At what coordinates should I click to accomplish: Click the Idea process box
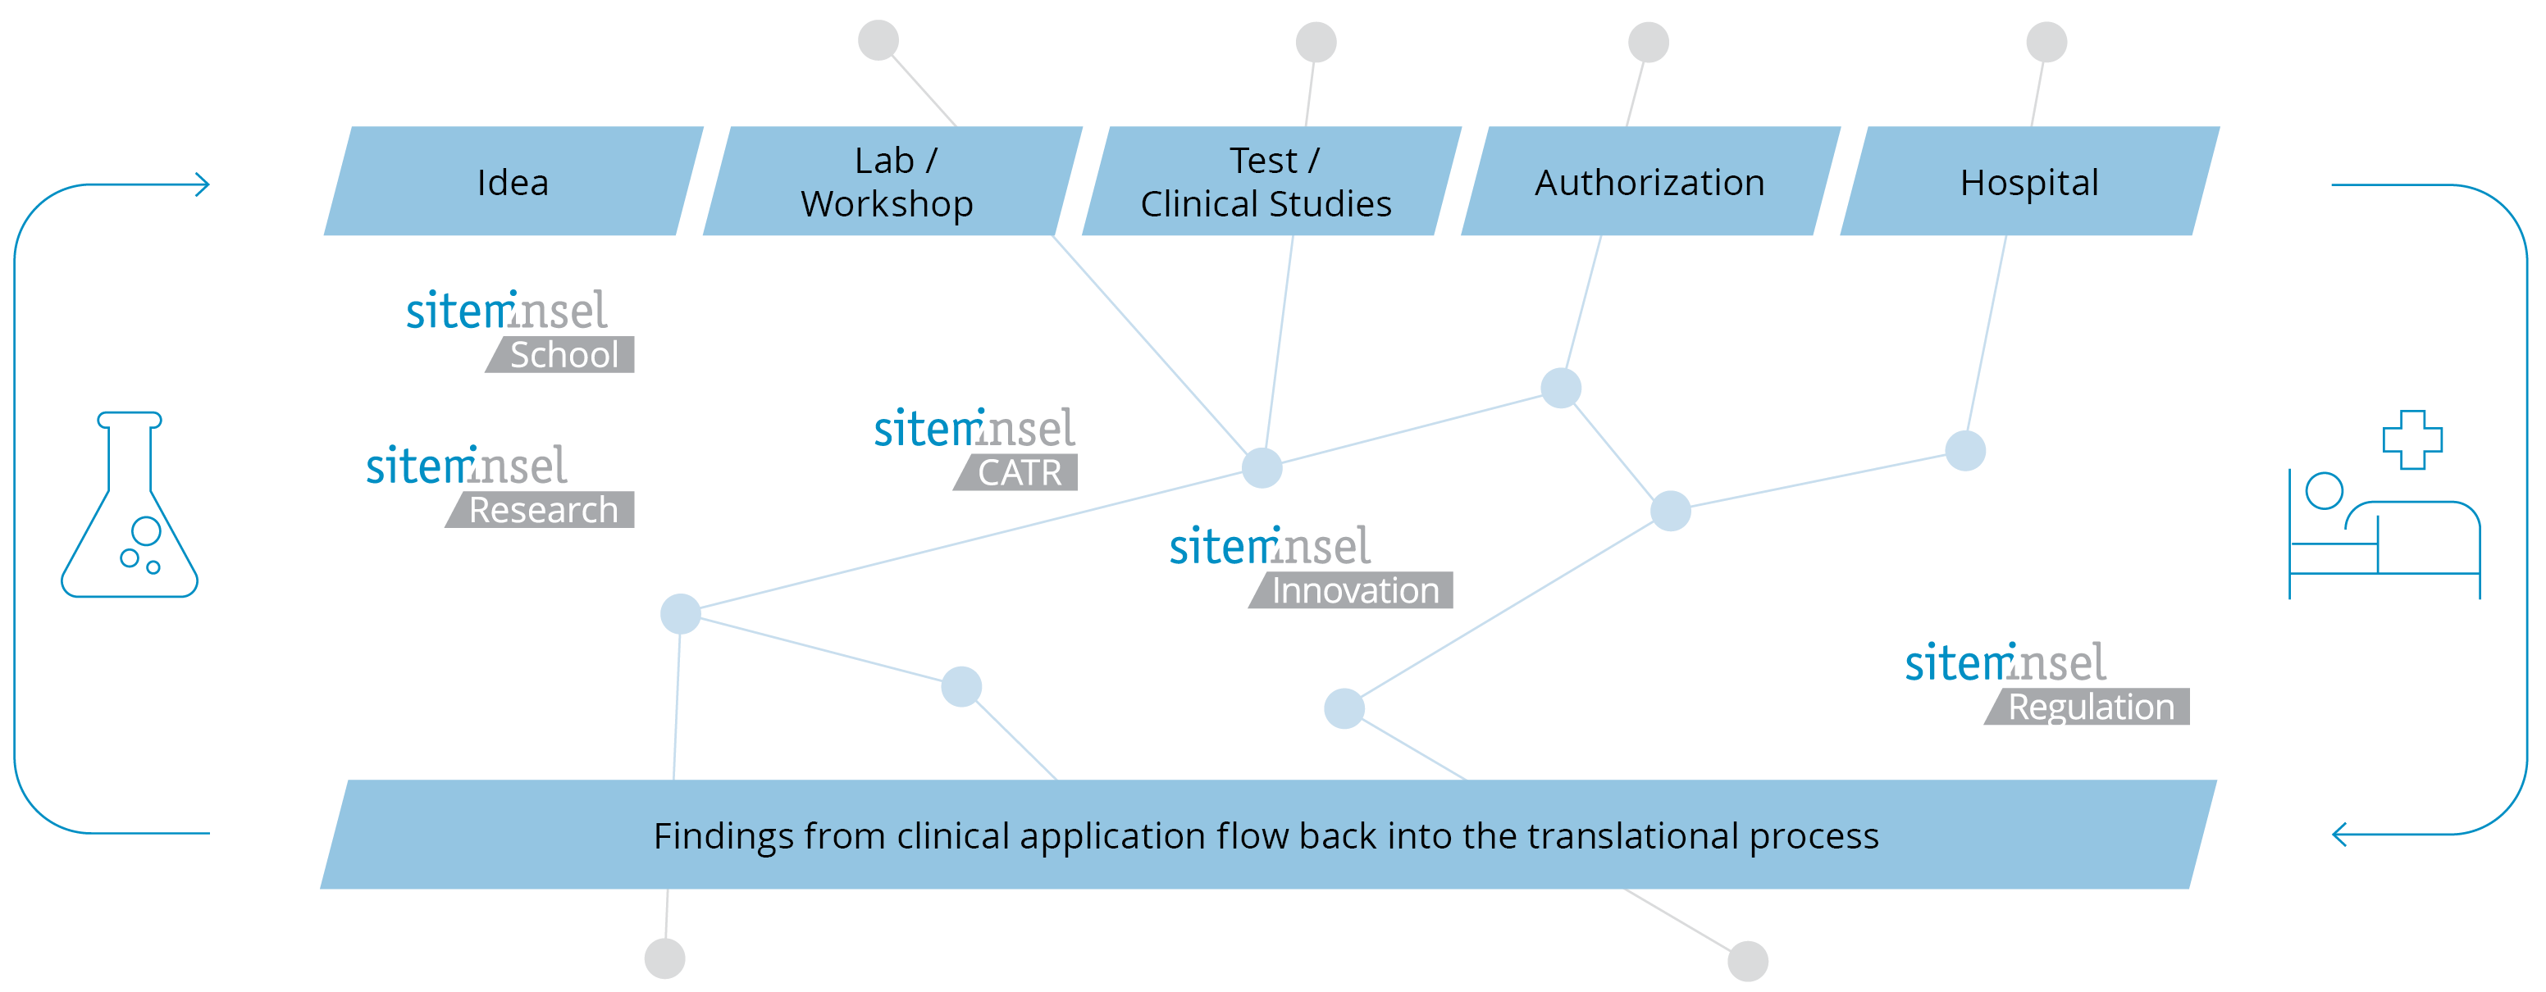point(513,182)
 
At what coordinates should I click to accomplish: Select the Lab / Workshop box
point(892,182)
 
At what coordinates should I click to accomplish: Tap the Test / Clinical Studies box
point(1270,182)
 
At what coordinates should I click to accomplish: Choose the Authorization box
point(1649,182)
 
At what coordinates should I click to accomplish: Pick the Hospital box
point(2029,182)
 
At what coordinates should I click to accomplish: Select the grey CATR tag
point(1019,472)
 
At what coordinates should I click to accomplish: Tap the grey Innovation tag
point(1354,591)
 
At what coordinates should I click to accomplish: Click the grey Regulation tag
point(2091,708)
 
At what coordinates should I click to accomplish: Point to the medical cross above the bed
point(2411,439)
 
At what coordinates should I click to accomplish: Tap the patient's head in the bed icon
point(2324,491)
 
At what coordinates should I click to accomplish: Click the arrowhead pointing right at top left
point(203,184)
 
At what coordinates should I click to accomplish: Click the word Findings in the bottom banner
point(723,836)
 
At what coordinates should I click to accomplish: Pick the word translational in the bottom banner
point(1631,836)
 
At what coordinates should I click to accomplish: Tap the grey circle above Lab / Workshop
point(878,40)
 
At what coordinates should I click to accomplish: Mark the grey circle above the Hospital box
point(2046,43)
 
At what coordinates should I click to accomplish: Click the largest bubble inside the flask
point(146,530)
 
